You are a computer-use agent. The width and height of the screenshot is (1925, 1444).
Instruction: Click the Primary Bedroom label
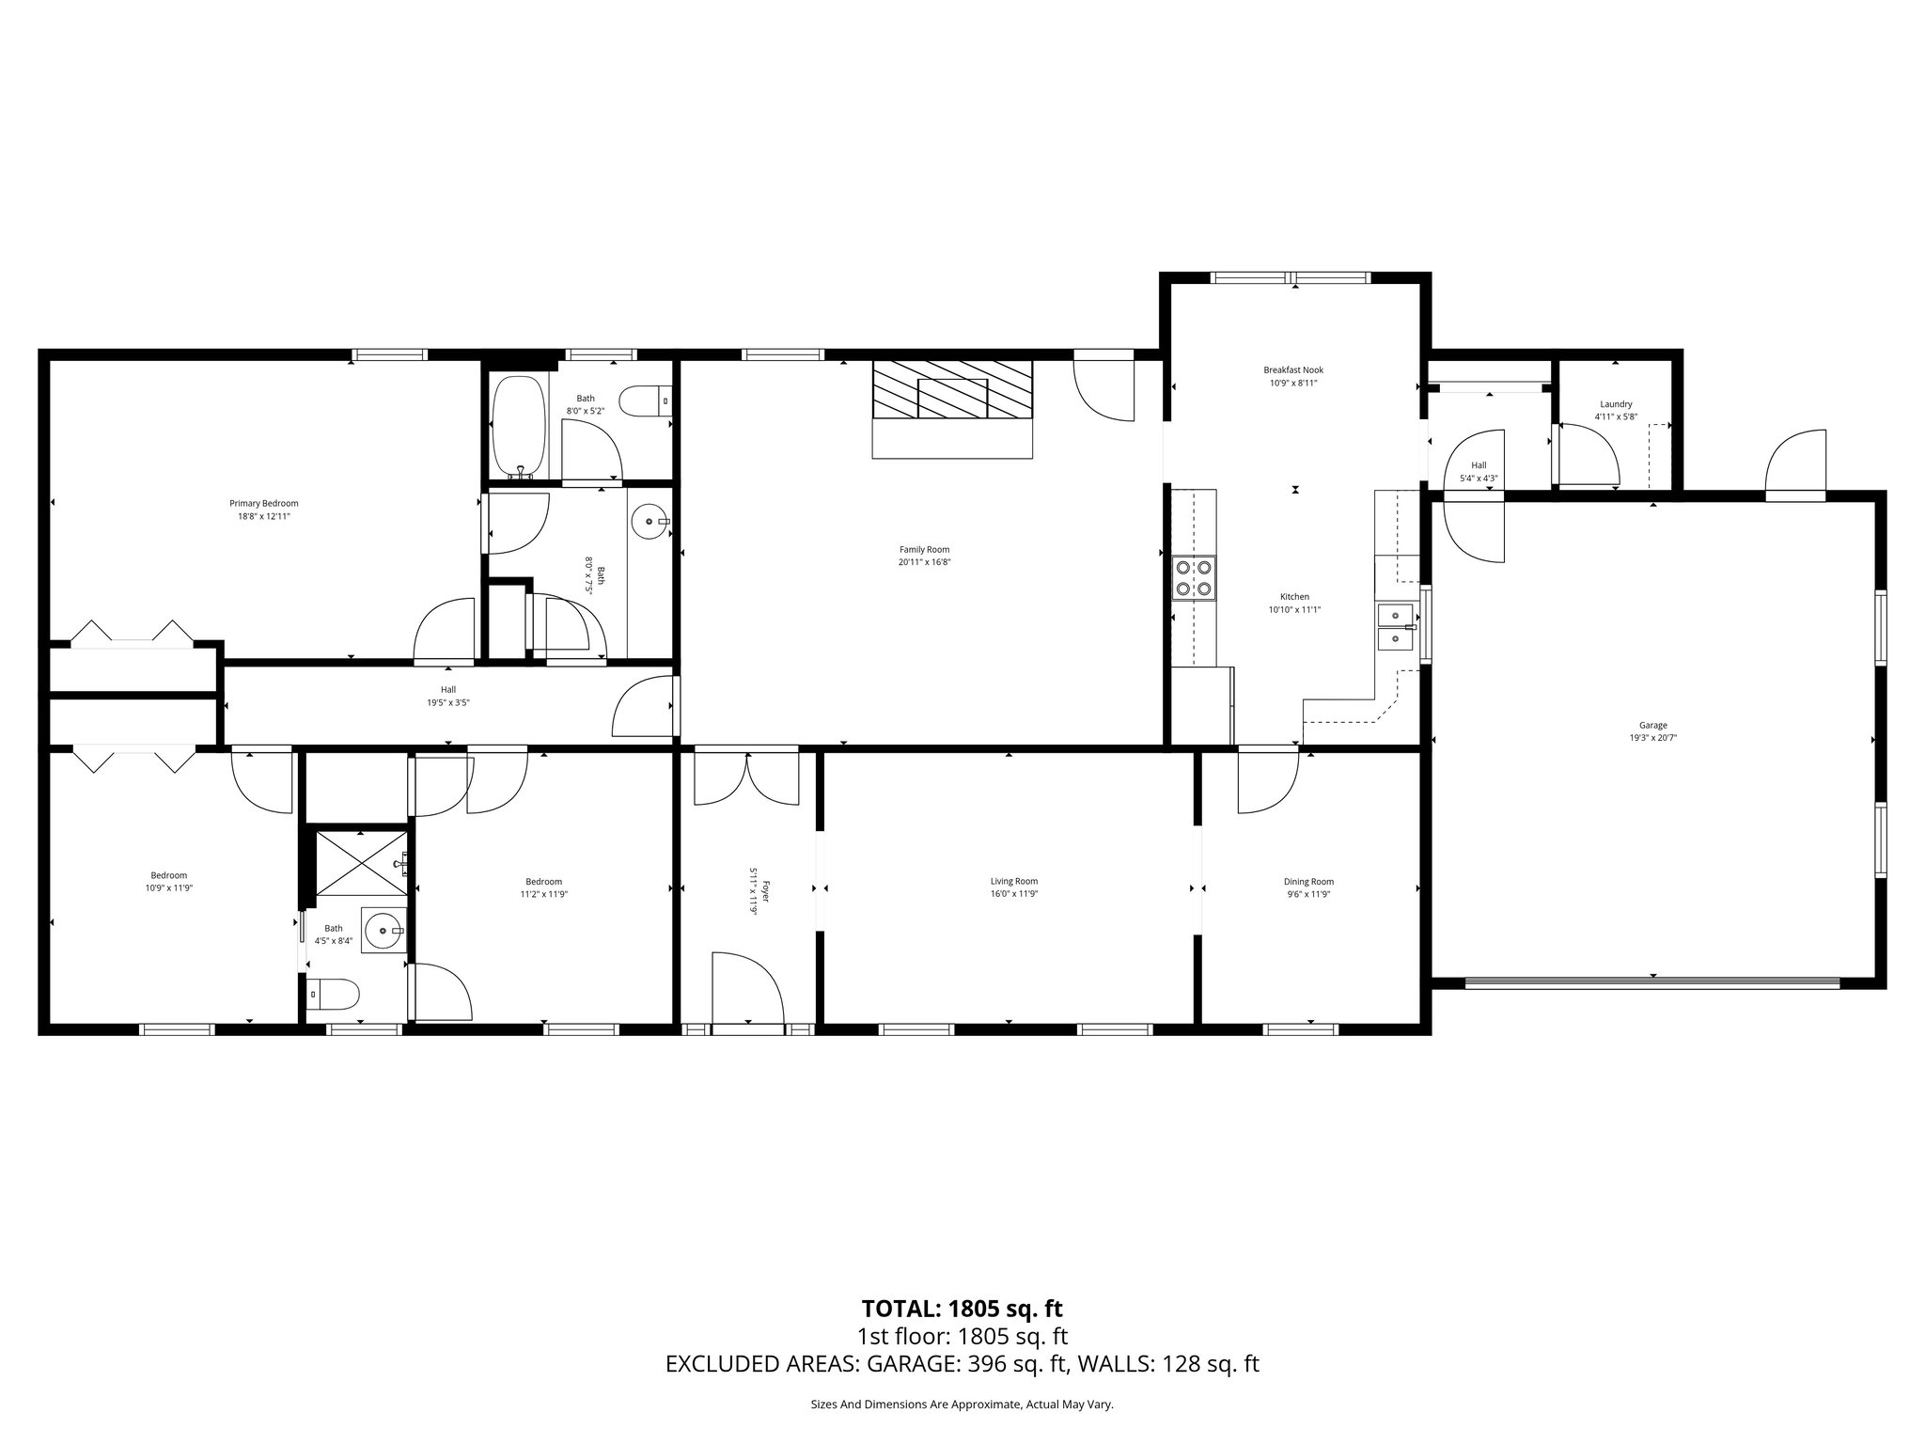pos(263,503)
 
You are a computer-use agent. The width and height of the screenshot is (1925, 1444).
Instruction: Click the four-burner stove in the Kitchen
pos(1194,577)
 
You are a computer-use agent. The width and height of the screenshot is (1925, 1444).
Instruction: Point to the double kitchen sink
pos(1396,627)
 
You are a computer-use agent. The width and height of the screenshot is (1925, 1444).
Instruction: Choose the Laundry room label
pos(1615,404)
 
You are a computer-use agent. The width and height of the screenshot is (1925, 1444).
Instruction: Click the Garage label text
pos(1652,725)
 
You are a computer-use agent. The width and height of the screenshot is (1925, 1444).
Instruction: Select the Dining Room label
pos(1308,882)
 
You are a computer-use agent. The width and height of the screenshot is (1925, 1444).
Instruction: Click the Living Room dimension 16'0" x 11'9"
pos(1013,894)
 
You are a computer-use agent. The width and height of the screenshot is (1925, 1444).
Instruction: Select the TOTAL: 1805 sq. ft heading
pos(962,1309)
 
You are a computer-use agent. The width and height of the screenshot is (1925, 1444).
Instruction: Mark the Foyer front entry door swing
pos(747,987)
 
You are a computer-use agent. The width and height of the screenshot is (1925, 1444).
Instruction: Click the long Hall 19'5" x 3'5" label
pos(448,696)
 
